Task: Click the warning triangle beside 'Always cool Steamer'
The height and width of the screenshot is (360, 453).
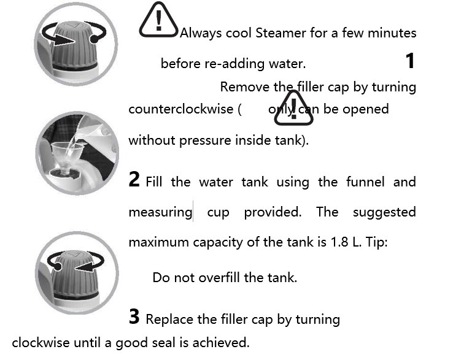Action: pos(158,20)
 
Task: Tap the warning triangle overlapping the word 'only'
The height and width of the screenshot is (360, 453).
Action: pos(293,109)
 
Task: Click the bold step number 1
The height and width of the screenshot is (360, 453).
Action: pos(410,61)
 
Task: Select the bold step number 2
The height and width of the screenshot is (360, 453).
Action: pos(134,179)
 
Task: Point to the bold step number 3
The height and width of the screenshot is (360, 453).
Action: pos(134,316)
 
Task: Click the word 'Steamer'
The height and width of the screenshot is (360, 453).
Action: pos(281,33)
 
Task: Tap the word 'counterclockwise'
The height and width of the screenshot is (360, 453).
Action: pos(180,109)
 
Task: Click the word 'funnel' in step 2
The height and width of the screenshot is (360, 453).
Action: pos(365,182)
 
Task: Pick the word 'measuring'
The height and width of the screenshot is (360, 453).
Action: pos(160,213)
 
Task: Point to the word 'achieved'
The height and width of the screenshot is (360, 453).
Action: pos(221,343)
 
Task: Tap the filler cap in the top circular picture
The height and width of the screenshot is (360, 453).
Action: pos(74,45)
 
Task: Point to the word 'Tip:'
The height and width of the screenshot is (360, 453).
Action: pos(377,242)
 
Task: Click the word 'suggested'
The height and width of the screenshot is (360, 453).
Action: pos(384,213)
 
